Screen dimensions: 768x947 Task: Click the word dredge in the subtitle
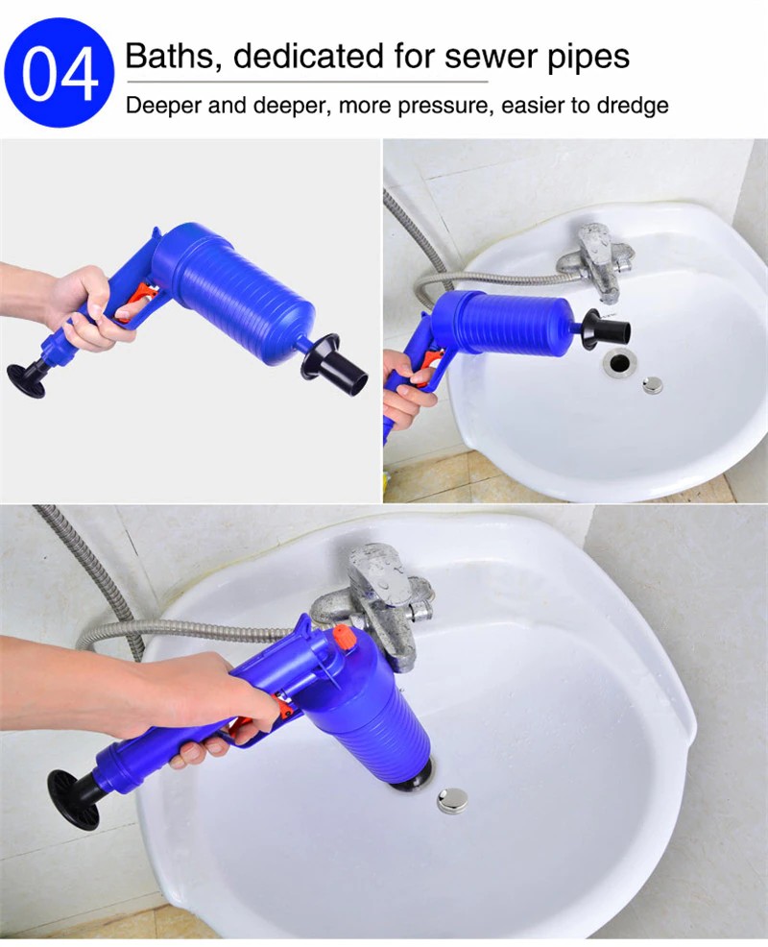pyautogui.click(x=633, y=105)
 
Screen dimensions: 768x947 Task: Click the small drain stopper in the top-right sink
pyautogui.click(x=652, y=384)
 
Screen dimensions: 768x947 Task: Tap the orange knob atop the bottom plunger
pyautogui.click(x=344, y=637)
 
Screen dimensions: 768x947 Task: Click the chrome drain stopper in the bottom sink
pyautogui.click(x=451, y=800)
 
